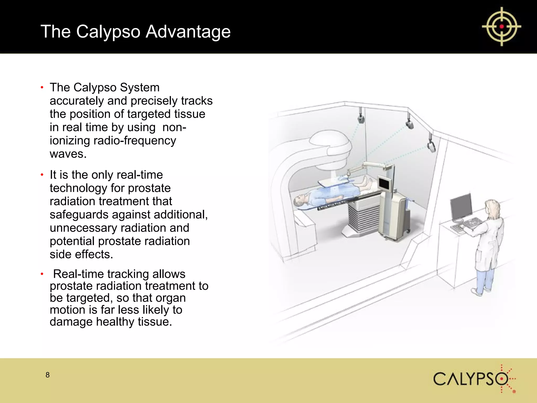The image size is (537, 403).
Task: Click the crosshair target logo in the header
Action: click(x=501, y=26)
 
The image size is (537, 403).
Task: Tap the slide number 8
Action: click(x=47, y=375)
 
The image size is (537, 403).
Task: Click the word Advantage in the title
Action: click(x=188, y=31)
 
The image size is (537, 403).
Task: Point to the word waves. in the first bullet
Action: click(x=68, y=154)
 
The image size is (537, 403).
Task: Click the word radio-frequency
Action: click(x=135, y=141)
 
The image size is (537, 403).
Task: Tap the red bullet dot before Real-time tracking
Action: click(x=42, y=274)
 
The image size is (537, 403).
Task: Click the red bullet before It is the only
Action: click(x=42, y=175)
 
